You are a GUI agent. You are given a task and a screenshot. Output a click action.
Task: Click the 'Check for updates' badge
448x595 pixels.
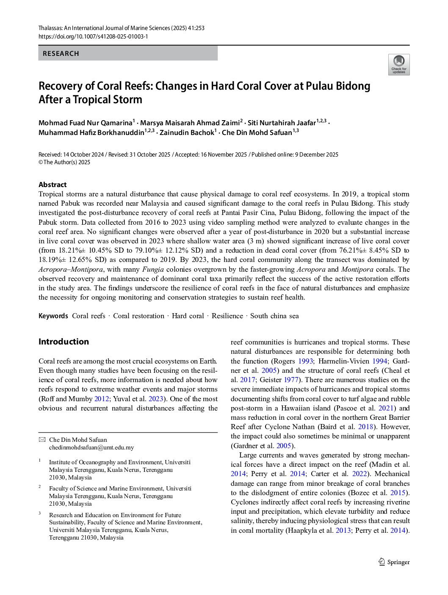(399, 65)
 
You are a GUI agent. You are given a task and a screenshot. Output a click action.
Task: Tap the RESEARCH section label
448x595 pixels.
(61, 54)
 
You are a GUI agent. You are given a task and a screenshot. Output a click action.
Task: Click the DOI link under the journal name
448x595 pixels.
(93, 36)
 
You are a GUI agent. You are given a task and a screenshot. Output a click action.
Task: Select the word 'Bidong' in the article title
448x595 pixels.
(352, 86)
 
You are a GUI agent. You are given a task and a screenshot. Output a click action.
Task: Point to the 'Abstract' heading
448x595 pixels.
(53, 185)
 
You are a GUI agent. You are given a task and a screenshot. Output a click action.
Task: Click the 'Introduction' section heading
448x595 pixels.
(64, 342)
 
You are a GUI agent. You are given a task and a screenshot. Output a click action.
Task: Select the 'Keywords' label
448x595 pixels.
(53, 316)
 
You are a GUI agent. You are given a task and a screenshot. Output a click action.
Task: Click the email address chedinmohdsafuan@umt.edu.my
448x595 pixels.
(91, 447)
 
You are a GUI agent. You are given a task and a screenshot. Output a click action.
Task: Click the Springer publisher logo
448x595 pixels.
(394, 562)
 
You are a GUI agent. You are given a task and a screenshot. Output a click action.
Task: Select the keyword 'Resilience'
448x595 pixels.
(227, 316)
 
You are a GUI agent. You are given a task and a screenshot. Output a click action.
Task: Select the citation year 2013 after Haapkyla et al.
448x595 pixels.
(343, 531)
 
